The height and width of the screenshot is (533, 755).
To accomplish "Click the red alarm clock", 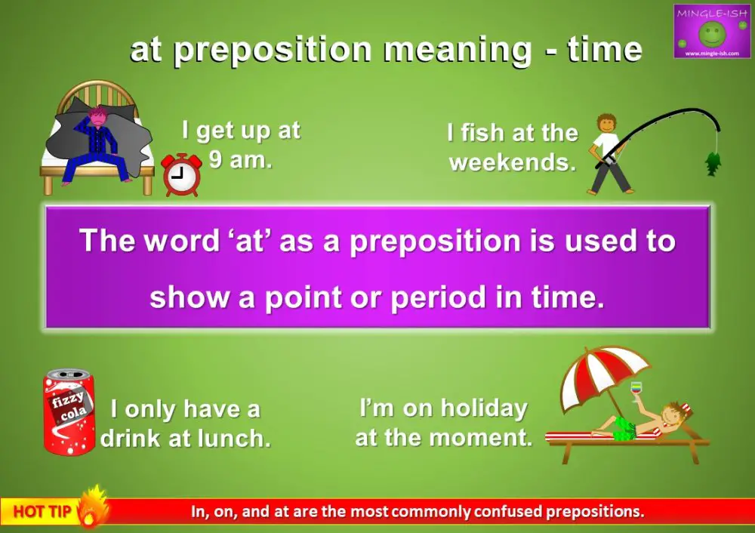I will (181, 175).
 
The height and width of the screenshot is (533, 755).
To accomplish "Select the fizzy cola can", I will (69, 412).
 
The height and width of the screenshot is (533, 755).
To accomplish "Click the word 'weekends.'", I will (512, 162).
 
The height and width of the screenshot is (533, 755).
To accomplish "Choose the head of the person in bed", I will (98, 117).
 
